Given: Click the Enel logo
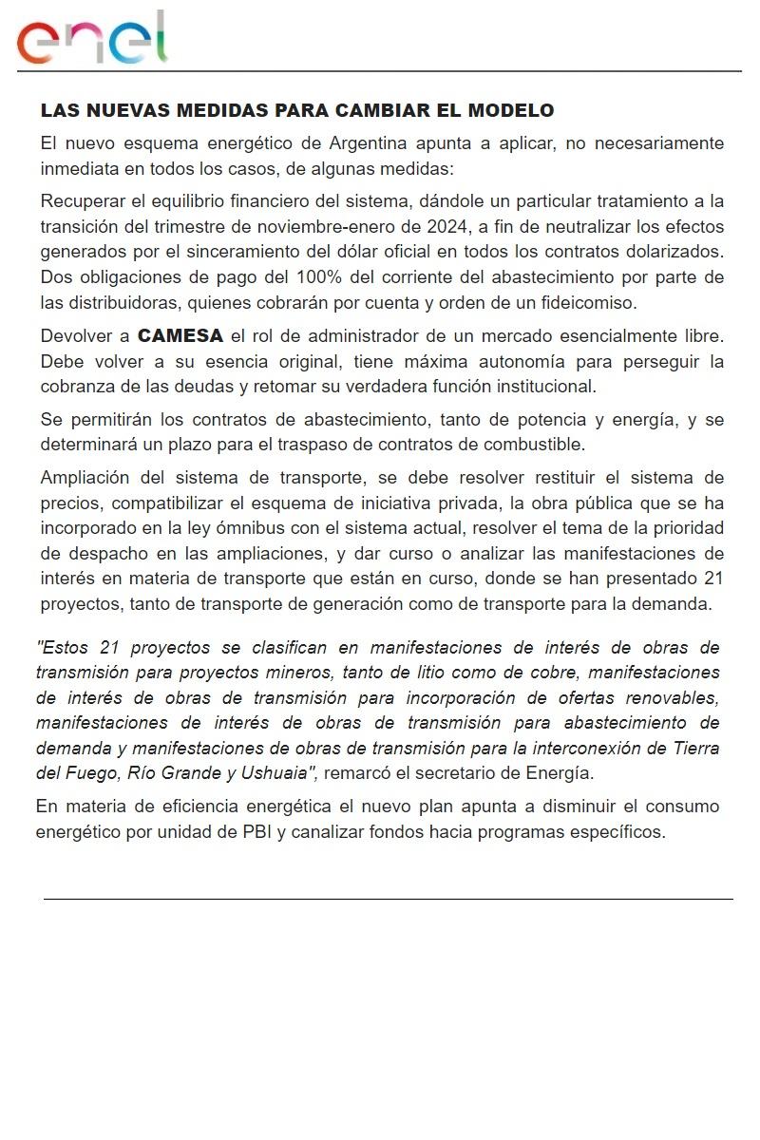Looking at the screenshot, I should [x=91, y=40].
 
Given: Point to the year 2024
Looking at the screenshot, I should [x=443, y=227].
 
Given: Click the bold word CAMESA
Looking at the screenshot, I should [x=180, y=336].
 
